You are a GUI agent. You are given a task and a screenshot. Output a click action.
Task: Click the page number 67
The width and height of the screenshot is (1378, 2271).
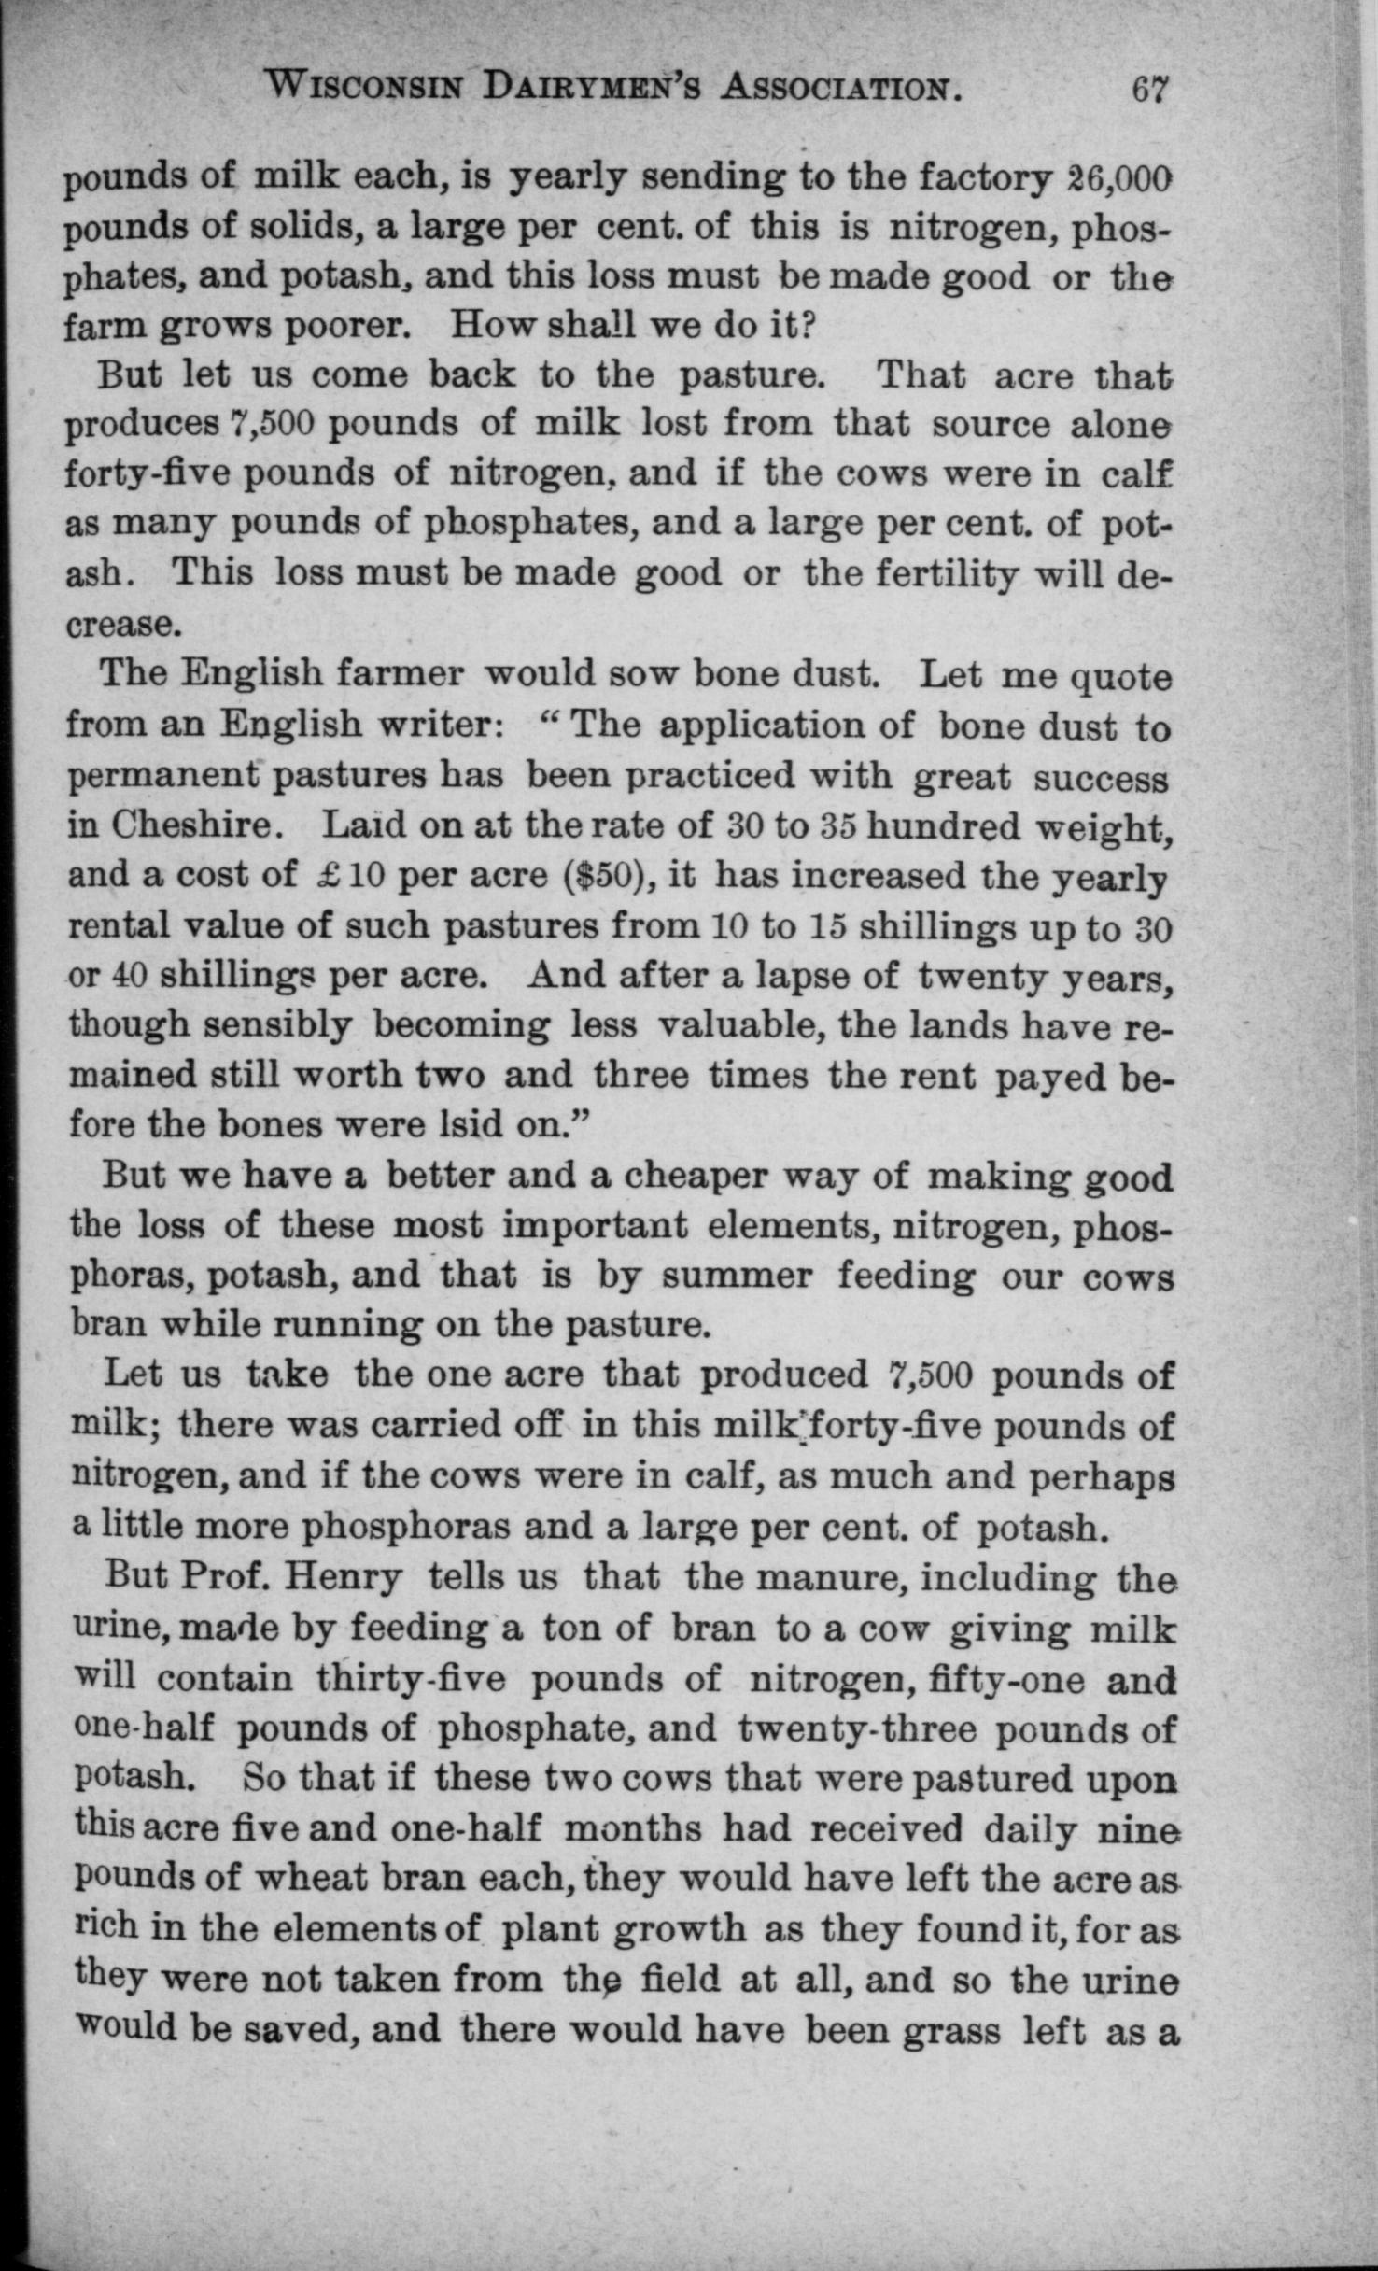pyautogui.click(x=1149, y=89)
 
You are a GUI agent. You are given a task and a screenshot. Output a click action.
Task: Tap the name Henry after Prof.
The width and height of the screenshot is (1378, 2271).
pyautogui.click(x=344, y=1577)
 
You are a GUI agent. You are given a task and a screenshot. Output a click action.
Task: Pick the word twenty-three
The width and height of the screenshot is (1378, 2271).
pyautogui.click(x=856, y=1729)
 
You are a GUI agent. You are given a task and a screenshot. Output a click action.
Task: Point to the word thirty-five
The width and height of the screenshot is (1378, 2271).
pyautogui.click(x=411, y=1679)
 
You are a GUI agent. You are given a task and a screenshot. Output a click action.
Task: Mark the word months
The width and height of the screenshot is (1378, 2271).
pyautogui.click(x=633, y=1828)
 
